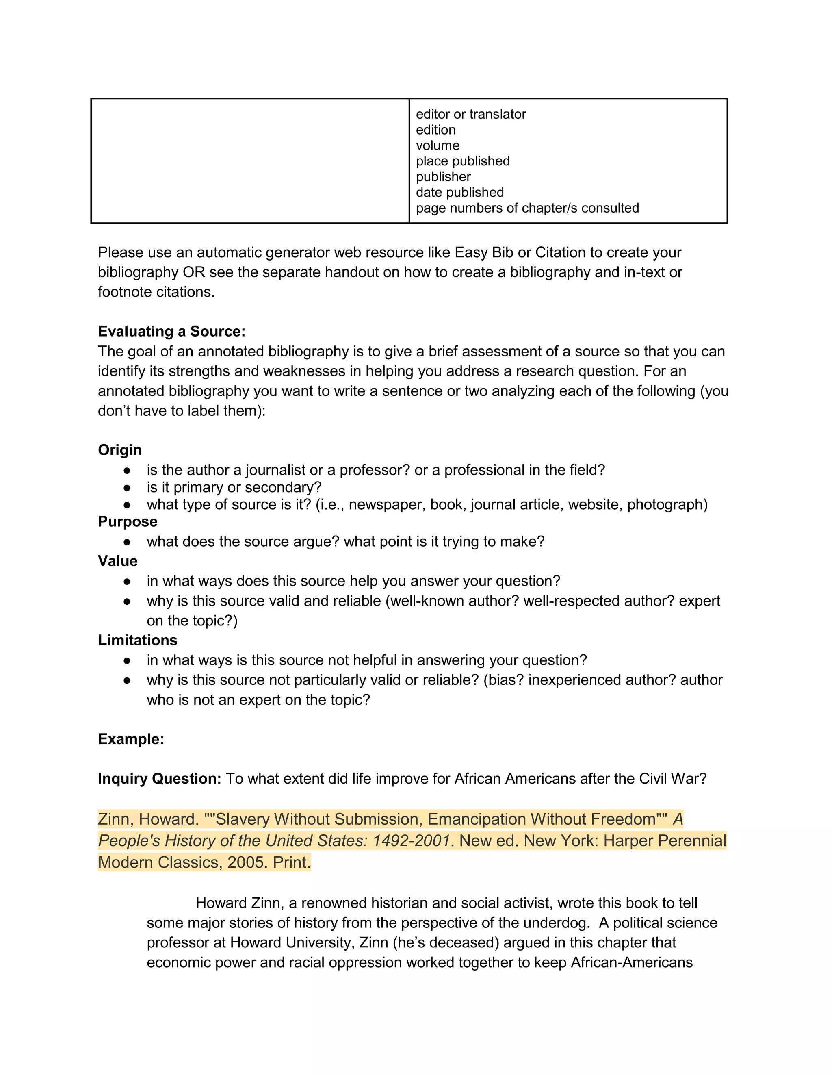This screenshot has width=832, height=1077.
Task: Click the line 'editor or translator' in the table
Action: [x=471, y=115]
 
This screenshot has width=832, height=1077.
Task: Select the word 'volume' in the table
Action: [x=438, y=145]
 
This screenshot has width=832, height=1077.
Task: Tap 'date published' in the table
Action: [x=460, y=192]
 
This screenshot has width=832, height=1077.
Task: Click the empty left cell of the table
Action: [x=250, y=161]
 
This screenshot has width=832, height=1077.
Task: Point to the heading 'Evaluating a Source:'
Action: [x=171, y=331]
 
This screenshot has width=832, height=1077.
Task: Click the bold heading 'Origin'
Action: [x=120, y=450]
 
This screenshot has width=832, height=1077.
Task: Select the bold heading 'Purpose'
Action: [x=128, y=522]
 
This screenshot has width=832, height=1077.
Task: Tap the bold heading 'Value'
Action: [x=118, y=561]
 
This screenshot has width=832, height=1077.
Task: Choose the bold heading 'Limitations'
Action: [x=138, y=640]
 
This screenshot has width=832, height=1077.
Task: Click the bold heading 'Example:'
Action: [x=131, y=739]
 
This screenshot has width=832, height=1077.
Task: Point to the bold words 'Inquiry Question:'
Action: [x=160, y=779]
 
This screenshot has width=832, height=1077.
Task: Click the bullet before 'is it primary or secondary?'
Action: [x=127, y=488]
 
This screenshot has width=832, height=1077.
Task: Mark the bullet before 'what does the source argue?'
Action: [x=127, y=542]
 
